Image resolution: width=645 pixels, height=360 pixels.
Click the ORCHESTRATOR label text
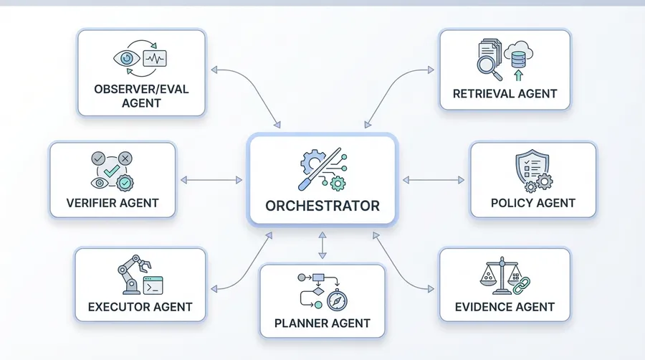coord(322,206)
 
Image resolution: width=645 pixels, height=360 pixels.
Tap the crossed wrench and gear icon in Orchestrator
coord(322,166)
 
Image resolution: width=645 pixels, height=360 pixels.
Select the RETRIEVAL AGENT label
coord(505,93)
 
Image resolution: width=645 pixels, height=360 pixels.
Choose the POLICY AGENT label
coord(532,203)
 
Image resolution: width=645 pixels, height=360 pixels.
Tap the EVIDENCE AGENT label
coord(505,307)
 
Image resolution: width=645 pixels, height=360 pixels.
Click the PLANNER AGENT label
coord(322,323)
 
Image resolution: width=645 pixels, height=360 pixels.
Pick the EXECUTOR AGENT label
coord(140,308)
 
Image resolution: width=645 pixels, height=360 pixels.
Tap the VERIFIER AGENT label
coord(113,203)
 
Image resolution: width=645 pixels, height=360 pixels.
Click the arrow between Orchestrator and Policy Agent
coord(434,179)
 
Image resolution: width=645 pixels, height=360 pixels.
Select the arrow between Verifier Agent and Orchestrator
coord(212,179)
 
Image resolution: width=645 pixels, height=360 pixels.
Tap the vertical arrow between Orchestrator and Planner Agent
coord(322,247)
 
